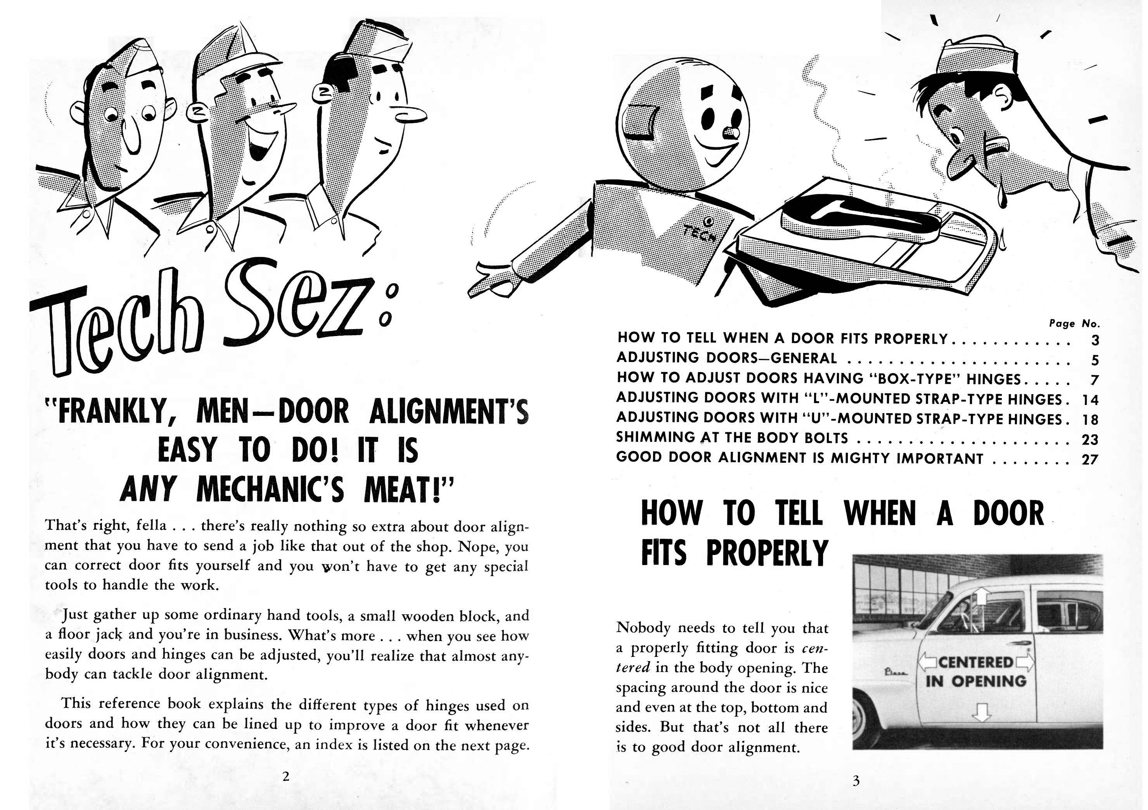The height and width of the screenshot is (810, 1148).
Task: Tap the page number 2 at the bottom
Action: [x=285, y=776]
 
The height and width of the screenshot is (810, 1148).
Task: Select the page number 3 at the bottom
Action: [x=856, y=781]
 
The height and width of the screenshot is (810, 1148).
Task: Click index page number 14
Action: [x=1090, y=400]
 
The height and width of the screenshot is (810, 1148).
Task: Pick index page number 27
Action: [x=1090, y=459]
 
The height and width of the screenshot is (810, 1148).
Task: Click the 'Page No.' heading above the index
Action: [x=1074, y=323]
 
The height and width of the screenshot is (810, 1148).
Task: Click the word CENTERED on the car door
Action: [x=975, y=662]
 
